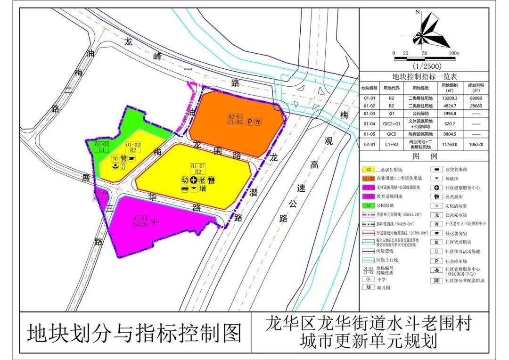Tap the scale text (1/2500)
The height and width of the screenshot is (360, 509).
pyautogui.click(x=426, y=66)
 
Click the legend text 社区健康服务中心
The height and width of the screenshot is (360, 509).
pyautogui.click(x=464, y=188)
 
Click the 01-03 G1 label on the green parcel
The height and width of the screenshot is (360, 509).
pyautogui.click(x=102, y=147)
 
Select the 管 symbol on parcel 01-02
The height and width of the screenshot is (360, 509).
pyautogui.click(x=123, y=159)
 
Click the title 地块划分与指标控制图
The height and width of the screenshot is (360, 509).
pyautogui.click(x=134, y=333)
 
